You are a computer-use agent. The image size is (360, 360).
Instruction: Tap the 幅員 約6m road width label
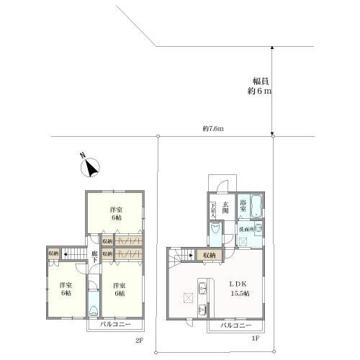[x=260, y=86]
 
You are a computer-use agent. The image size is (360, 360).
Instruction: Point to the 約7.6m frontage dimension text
[x=213, y=129]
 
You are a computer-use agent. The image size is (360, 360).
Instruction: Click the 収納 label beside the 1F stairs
[x=208, y=255]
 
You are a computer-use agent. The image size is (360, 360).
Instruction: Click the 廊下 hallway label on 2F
[x=94, y=257]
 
